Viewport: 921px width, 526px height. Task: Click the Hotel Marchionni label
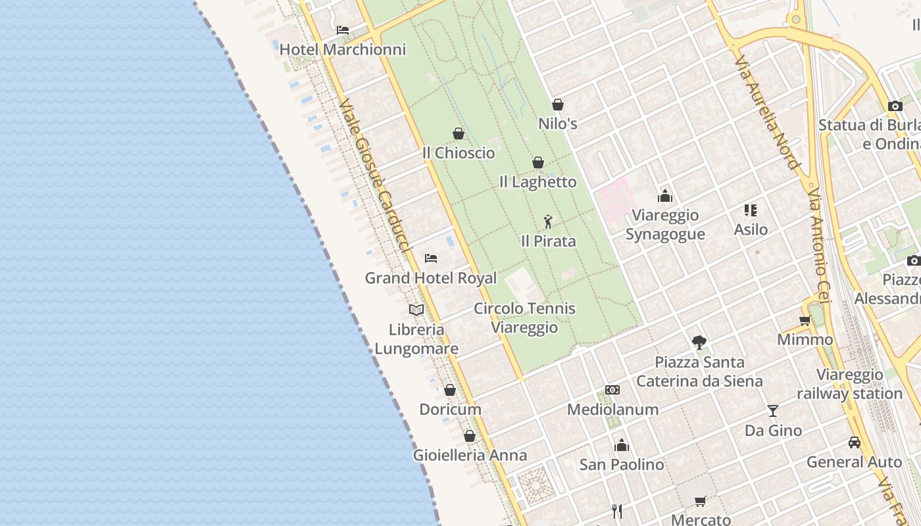[343, 49]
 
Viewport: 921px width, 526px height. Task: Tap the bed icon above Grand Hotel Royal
[431, 258]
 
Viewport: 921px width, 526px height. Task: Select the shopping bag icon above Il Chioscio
[459, 133]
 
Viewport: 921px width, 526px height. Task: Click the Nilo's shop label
[558, 123]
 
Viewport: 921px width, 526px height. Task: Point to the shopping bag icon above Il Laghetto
[538, 162]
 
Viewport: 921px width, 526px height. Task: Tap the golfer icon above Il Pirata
[548, 222]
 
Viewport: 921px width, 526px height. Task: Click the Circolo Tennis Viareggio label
[524, 318]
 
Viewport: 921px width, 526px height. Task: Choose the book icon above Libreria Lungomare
[416, 310]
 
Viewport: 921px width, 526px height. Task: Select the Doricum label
[451, 409]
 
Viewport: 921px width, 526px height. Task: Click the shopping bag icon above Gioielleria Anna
[470, 436]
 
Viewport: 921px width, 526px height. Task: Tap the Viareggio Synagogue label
[665, 224]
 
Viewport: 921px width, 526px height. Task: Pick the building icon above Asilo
[751, 210]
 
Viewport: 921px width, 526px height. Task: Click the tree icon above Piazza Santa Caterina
[699, 342]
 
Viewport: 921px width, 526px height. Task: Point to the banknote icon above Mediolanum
[612, 390]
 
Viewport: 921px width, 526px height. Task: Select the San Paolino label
[622, 464]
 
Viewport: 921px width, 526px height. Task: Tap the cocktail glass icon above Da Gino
[773, 411]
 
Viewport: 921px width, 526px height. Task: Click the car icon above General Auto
[855, 442]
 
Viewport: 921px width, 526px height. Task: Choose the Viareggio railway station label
[849, 384]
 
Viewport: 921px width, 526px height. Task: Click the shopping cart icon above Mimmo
[805, 321]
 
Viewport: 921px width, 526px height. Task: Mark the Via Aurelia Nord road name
[768, 112]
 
